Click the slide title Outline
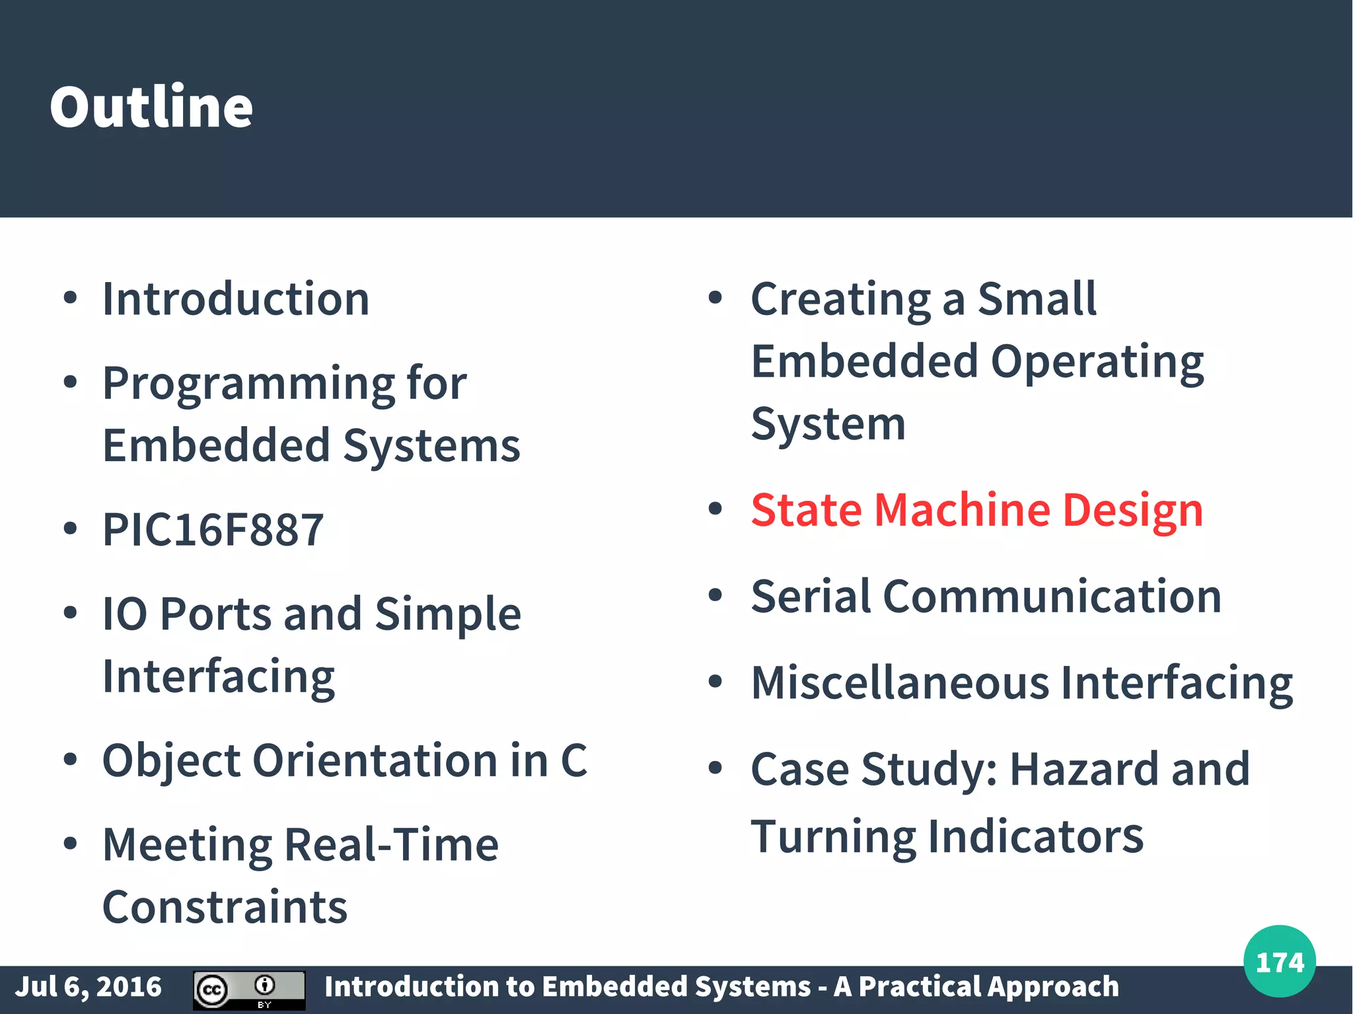(151, 107)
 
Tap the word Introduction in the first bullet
(236, 299)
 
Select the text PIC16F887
(213, 530)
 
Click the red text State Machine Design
(976, 510)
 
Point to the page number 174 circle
(1279, 962)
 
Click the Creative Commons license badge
(249, 989)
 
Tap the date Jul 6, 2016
(89, 987)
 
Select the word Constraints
(225, 907)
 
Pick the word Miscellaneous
(900, 682)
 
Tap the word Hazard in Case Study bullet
(1083, 769)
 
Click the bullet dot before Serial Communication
(715, 595)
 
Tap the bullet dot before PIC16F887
(70, 528)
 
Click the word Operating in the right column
(1097, 363)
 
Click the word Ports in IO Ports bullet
(215, 614)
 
